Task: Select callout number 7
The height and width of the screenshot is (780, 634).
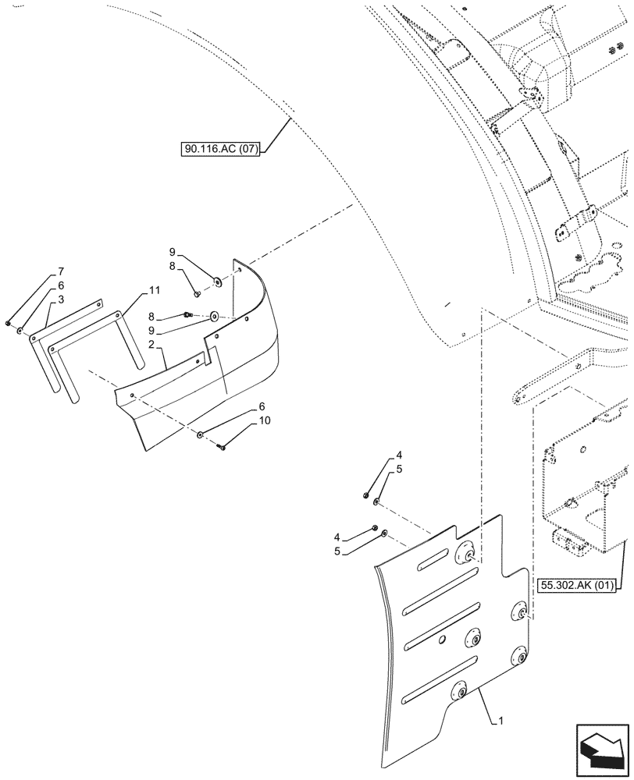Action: pyautogui.click(x=60, y=272)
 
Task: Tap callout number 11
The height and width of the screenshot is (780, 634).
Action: pyautogui.click(x=154, y=291)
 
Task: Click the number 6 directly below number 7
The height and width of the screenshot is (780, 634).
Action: pyautogui.click(x=60, y=287)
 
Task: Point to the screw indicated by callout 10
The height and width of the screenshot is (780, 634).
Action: pyautogui.click(x=223, y=447)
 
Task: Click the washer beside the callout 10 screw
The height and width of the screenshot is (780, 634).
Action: pyautogui.click(x=201, y=434)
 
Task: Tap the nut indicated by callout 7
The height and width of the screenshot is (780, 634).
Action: pyautogui.click(x=8, y=323)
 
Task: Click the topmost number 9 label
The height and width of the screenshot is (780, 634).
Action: pyautogui.click(x=173, y=251)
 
